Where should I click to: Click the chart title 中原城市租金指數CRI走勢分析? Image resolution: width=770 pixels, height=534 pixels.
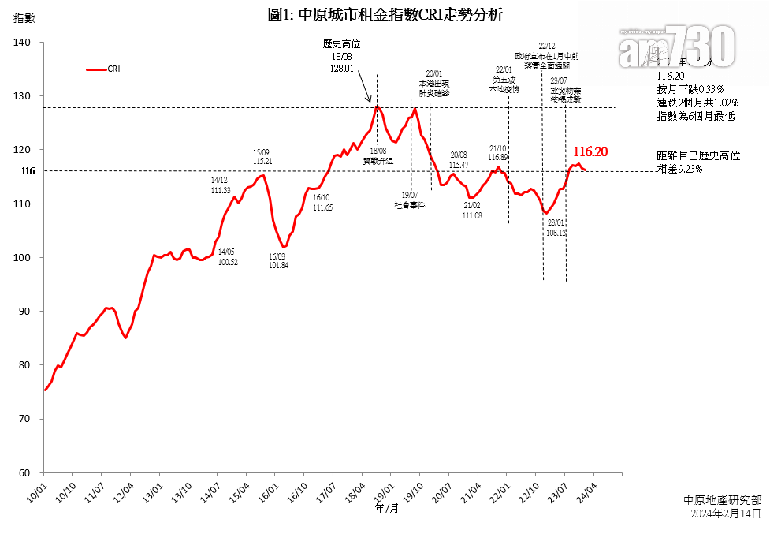coord(385,15)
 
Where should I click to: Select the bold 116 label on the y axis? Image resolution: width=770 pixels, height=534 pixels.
coord(28,171)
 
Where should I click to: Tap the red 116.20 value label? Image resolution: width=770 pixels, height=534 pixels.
coord(590,151)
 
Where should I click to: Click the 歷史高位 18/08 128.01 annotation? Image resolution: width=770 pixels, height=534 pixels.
coord(341,56)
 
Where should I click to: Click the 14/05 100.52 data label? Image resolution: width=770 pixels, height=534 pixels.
coord(228,256)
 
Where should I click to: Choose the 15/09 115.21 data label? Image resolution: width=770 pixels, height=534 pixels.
coord(262,156)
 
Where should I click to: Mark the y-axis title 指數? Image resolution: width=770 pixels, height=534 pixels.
coord(25,17)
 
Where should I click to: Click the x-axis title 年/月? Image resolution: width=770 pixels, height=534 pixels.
coord(387,509)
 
